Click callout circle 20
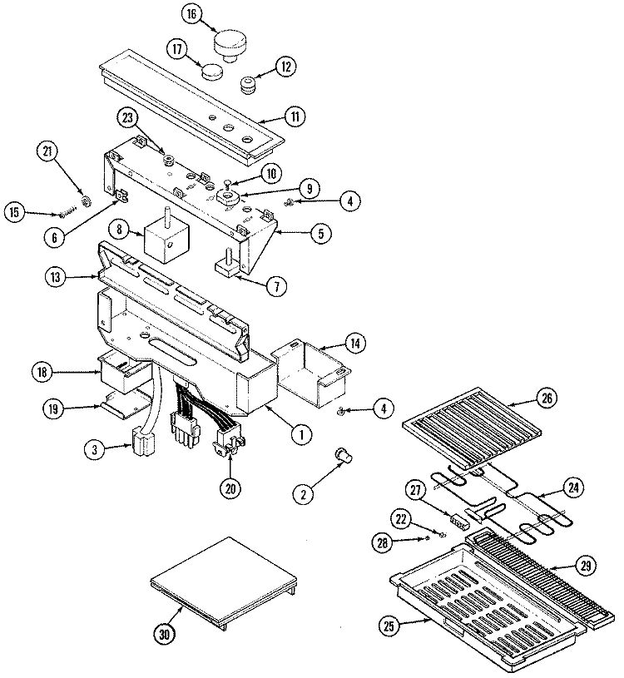coord(230,488)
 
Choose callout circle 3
coord(97,449)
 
